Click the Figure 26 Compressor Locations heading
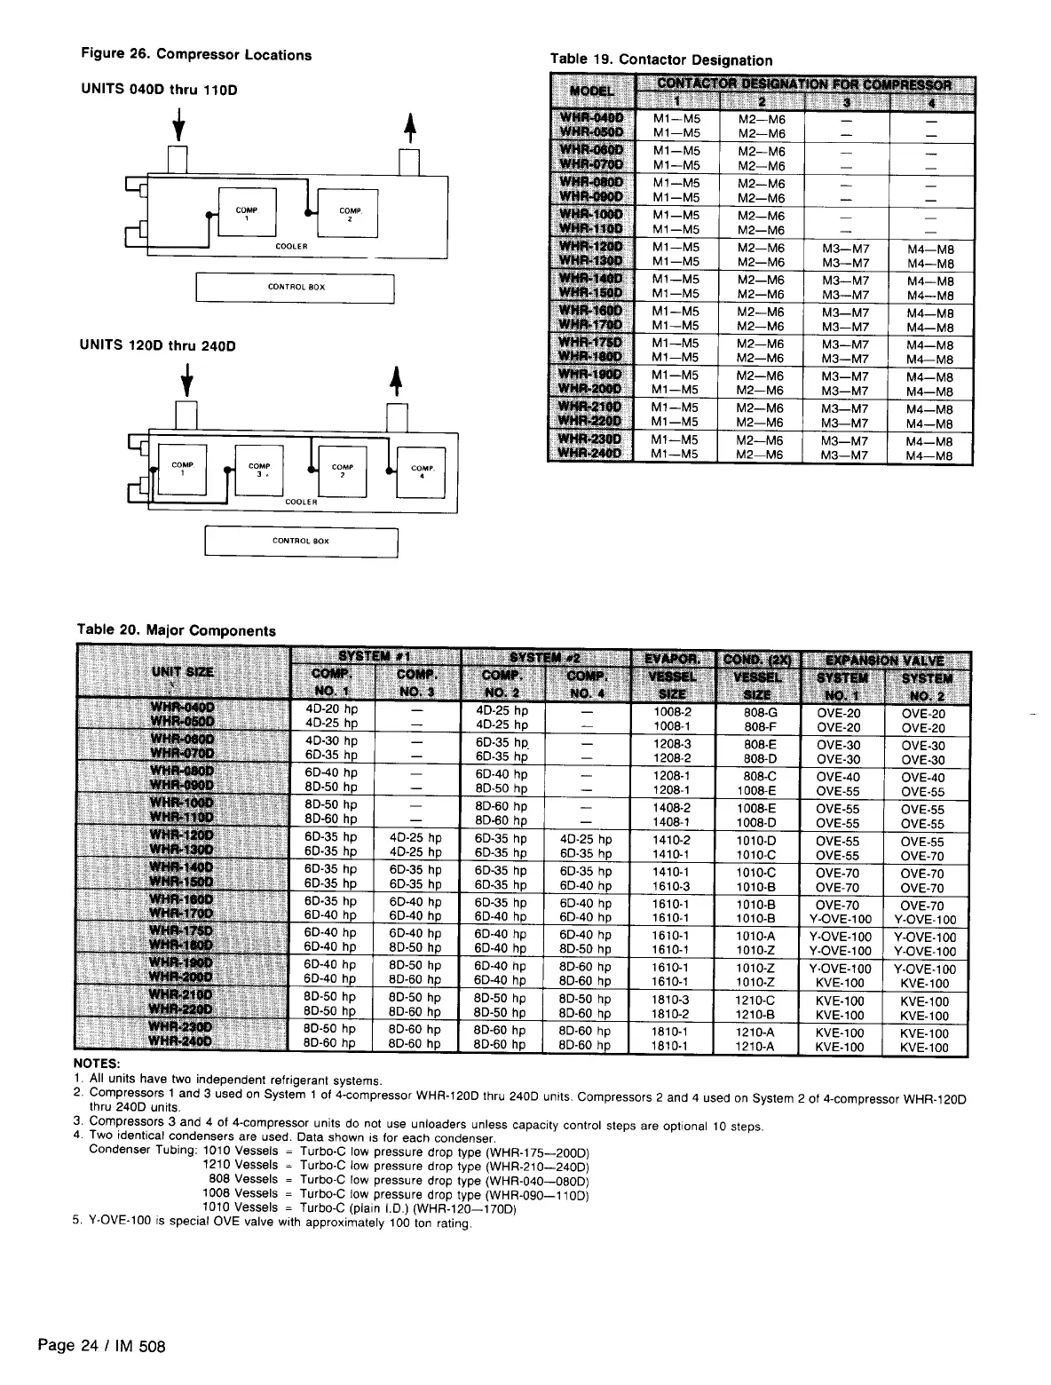tap(196, 55)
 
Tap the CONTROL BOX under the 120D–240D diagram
tap(301, 541)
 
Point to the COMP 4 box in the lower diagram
tap(422, 470)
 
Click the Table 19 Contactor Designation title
tap(661, 60)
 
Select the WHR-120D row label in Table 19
tap(591, 248)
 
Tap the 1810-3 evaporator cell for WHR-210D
tap(672, 999)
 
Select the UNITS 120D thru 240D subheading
tap(158, 345)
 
